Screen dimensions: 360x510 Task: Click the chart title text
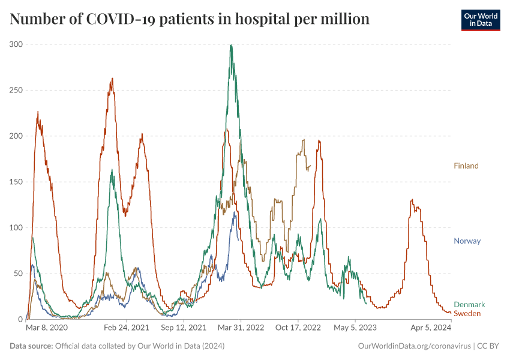(190, 19)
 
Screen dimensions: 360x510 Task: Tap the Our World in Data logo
(480, 20)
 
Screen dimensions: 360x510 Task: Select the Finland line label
(466, 166)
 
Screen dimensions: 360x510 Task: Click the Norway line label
(467, 241)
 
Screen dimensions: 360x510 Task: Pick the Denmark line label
(469, 305)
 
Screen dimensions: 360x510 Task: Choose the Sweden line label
(467, 314)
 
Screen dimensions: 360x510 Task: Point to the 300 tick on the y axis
(16, 44)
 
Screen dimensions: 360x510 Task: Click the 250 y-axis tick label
(16, 90)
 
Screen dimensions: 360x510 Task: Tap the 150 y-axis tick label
(16, 182)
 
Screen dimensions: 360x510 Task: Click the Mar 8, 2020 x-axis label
(47, 328)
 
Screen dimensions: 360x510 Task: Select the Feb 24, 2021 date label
(126, 328)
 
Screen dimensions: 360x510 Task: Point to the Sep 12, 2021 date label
(183, 328)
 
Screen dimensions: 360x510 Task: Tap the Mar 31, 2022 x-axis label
(241, 328)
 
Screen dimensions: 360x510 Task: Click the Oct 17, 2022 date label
(298, 328)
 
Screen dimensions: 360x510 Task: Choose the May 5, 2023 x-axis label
(355, 328)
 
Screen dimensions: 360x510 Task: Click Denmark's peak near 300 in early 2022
(231, 45)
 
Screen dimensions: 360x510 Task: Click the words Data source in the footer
(31, 346)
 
